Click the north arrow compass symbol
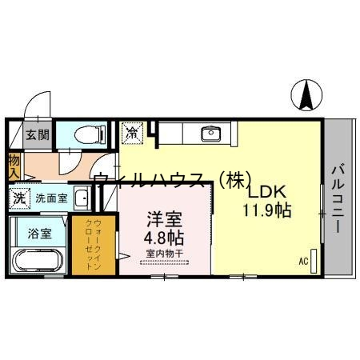tap(307, 95)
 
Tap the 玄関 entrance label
tap(35, 134)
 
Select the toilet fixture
tap(87, 134)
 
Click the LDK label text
tap(266, 193)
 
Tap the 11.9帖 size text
tap(266, 211)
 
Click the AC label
tap(303, 261)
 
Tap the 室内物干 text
tap(163, 254)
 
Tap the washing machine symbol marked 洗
tap(18, 197)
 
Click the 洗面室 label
tap(50, 197)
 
